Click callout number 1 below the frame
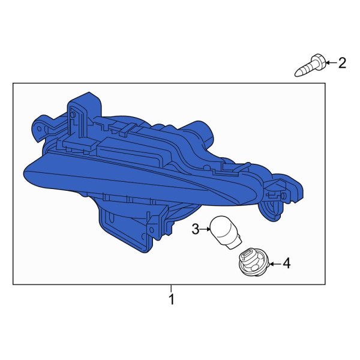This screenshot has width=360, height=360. pos(171,299)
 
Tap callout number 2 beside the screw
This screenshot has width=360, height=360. pos(342,62)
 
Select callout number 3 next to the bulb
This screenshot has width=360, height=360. pos(196,229)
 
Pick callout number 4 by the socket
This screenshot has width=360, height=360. pos(287,263)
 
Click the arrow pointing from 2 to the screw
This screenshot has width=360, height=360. pos(331,62)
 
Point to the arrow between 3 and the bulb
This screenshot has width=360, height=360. pos(205,229)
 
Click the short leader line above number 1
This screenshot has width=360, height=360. pos(171,289)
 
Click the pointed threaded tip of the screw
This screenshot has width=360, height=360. pos(298,73)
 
